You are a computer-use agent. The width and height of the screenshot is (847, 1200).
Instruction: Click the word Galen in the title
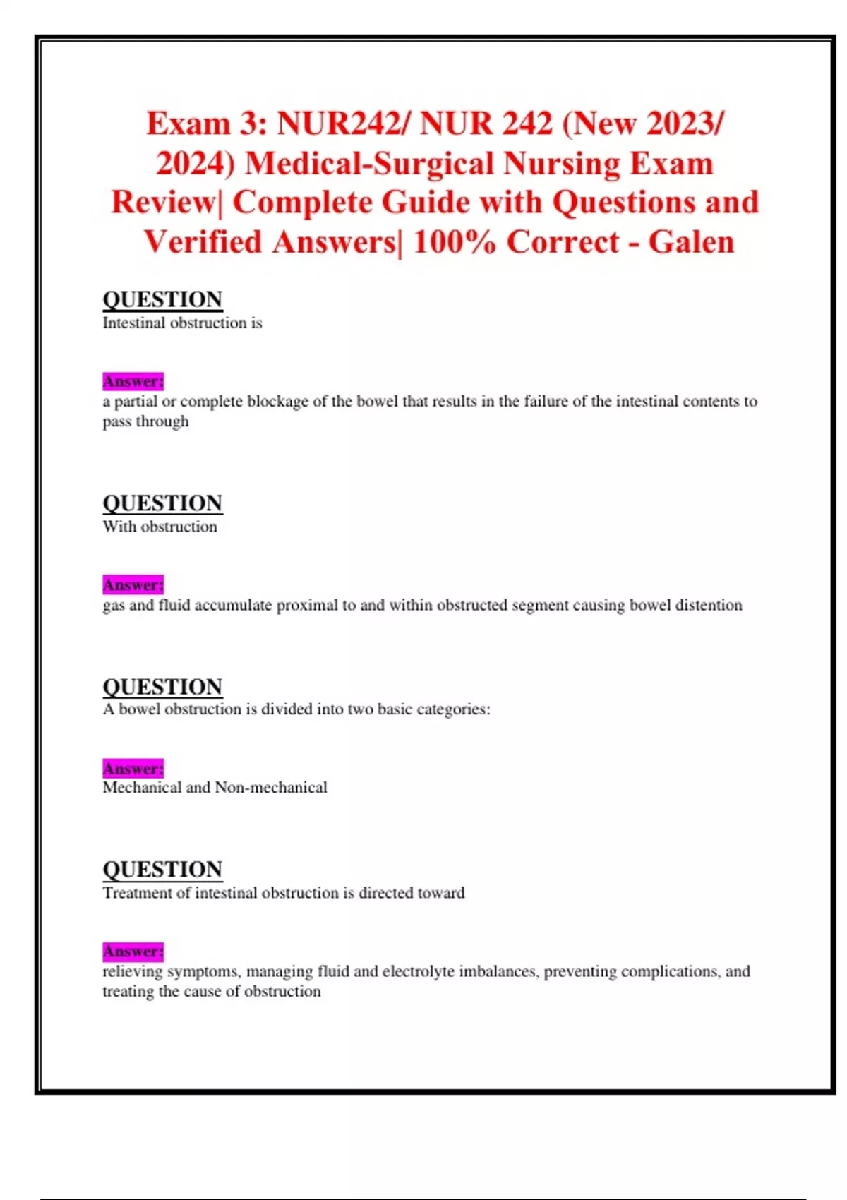coord(691,242)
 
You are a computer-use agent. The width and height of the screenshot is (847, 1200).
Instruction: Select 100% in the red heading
coord(454,242)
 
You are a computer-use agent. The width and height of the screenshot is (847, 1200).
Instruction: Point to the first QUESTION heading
coord(162,299)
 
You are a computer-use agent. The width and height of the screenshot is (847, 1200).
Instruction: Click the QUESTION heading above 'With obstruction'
coord(162,503)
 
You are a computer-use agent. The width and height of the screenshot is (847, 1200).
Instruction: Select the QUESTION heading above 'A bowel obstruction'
coord(162,687)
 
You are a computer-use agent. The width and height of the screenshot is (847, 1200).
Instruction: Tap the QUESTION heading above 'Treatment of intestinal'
coord(162,870)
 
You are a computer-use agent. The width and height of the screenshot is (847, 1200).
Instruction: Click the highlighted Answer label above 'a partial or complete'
coord(133,381)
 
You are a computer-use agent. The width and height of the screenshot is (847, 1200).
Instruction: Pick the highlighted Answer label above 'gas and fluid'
coord(133,585)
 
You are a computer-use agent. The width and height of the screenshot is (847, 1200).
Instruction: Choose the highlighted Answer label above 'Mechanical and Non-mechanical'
coord(133,768)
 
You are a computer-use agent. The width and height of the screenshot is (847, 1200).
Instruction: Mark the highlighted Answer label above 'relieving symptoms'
coord(133,952)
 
